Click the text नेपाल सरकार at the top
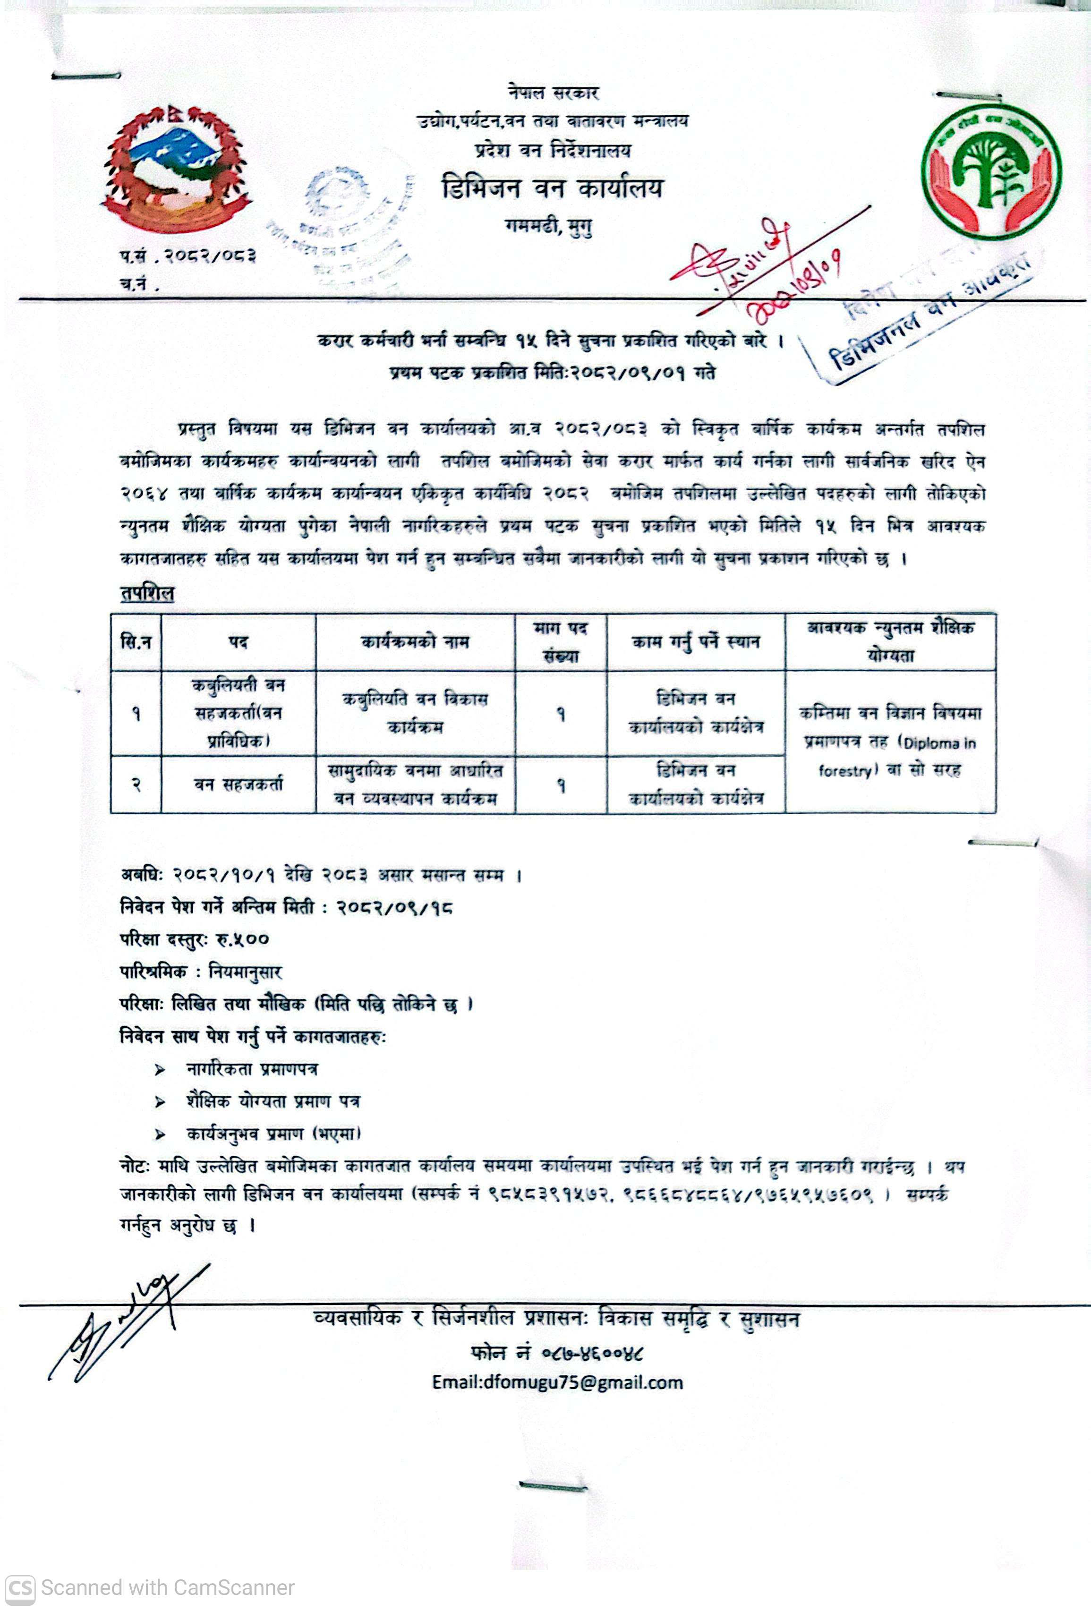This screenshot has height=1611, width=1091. [553, 93]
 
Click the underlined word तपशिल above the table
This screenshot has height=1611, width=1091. [147, 593]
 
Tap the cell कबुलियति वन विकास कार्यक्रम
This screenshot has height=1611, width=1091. [415, 713]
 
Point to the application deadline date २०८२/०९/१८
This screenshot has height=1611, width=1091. [395, 907]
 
